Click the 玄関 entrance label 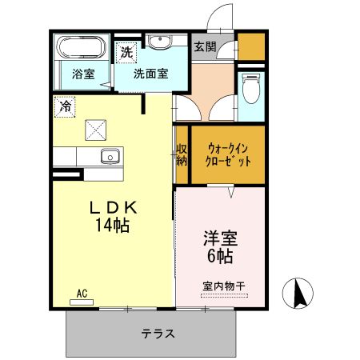coord(204,46)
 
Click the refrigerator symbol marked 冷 coord(63,104)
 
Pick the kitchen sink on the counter coord(109,155)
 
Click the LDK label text coord(114,207)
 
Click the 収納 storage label coord(182,153)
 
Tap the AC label coord(82,294)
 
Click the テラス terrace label coord(158,333)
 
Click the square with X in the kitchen coord(96,128)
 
